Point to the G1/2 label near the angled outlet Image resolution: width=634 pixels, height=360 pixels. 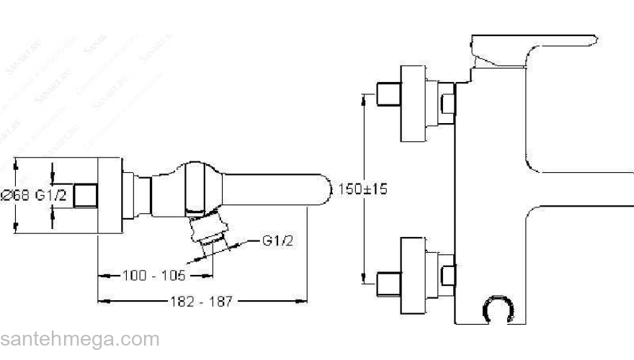(278, 240)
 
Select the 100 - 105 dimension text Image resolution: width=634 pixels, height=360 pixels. (153, 276)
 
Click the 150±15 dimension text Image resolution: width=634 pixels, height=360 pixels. (362, 189)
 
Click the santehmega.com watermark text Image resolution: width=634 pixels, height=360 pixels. (79, 338)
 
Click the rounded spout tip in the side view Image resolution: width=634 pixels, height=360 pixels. (321, 189)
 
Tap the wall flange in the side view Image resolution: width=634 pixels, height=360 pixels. (109, 195)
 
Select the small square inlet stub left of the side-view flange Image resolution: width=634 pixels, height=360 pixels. (86, 195)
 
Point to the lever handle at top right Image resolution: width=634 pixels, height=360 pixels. (533, 47)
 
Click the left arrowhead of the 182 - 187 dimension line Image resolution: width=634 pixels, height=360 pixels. (102, 302)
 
